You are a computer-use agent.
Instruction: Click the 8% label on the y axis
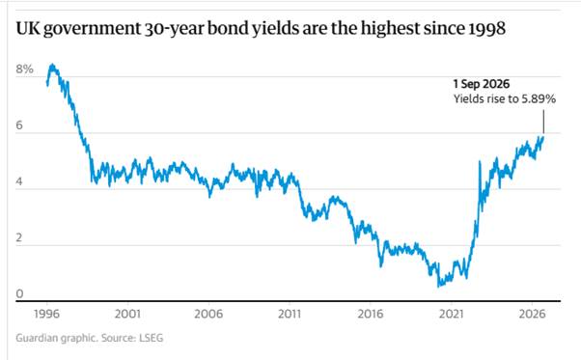pos(24,69)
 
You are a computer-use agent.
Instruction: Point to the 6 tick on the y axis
pos(19,125)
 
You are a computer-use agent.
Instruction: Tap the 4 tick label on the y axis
pos(19,181)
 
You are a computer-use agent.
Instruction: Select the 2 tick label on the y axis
pos(19,237)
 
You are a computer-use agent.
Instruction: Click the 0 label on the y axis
pos(19,293)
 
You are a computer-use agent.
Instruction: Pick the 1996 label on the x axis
pos(46,314)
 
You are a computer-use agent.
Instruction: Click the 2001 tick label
pos(127,314)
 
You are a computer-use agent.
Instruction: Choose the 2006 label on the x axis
pos(208,314)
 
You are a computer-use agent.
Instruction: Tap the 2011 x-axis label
pos(290,314)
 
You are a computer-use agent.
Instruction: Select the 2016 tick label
pos(371,314)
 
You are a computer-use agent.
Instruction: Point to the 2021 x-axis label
pos(452,314)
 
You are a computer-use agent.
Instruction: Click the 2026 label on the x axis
pos(532,314)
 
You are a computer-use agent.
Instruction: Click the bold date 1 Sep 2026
pos(482,84)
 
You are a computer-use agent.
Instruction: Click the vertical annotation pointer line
pos(543,122)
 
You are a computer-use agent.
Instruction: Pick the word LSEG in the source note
pos(151,338)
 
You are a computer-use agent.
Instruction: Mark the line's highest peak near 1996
pos(53,65)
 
